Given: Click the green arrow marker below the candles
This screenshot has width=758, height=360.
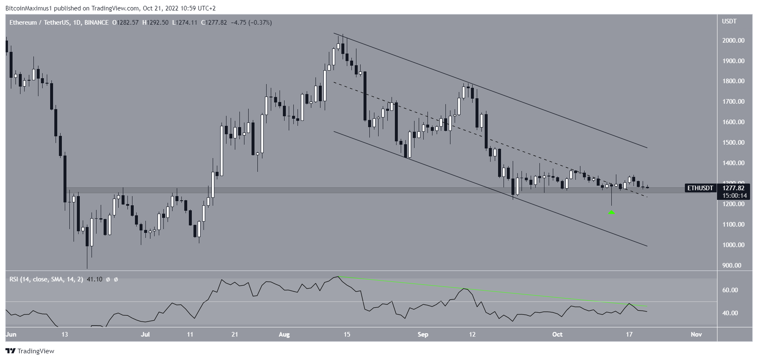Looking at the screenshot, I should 611,212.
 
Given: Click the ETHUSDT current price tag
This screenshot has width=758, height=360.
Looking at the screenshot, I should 700,188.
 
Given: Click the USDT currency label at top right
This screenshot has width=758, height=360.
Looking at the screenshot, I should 729,21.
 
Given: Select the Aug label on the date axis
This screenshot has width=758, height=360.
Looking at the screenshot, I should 284,334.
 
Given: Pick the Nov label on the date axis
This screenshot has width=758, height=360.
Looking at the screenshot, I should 696,334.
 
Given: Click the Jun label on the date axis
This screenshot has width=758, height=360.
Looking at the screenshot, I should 11,334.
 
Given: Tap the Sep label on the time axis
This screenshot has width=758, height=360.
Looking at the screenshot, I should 423,334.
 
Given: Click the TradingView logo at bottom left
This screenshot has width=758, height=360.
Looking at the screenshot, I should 30,351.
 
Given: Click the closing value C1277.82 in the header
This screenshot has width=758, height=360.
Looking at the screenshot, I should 214,23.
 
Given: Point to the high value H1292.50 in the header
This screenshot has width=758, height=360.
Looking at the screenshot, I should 155,23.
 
